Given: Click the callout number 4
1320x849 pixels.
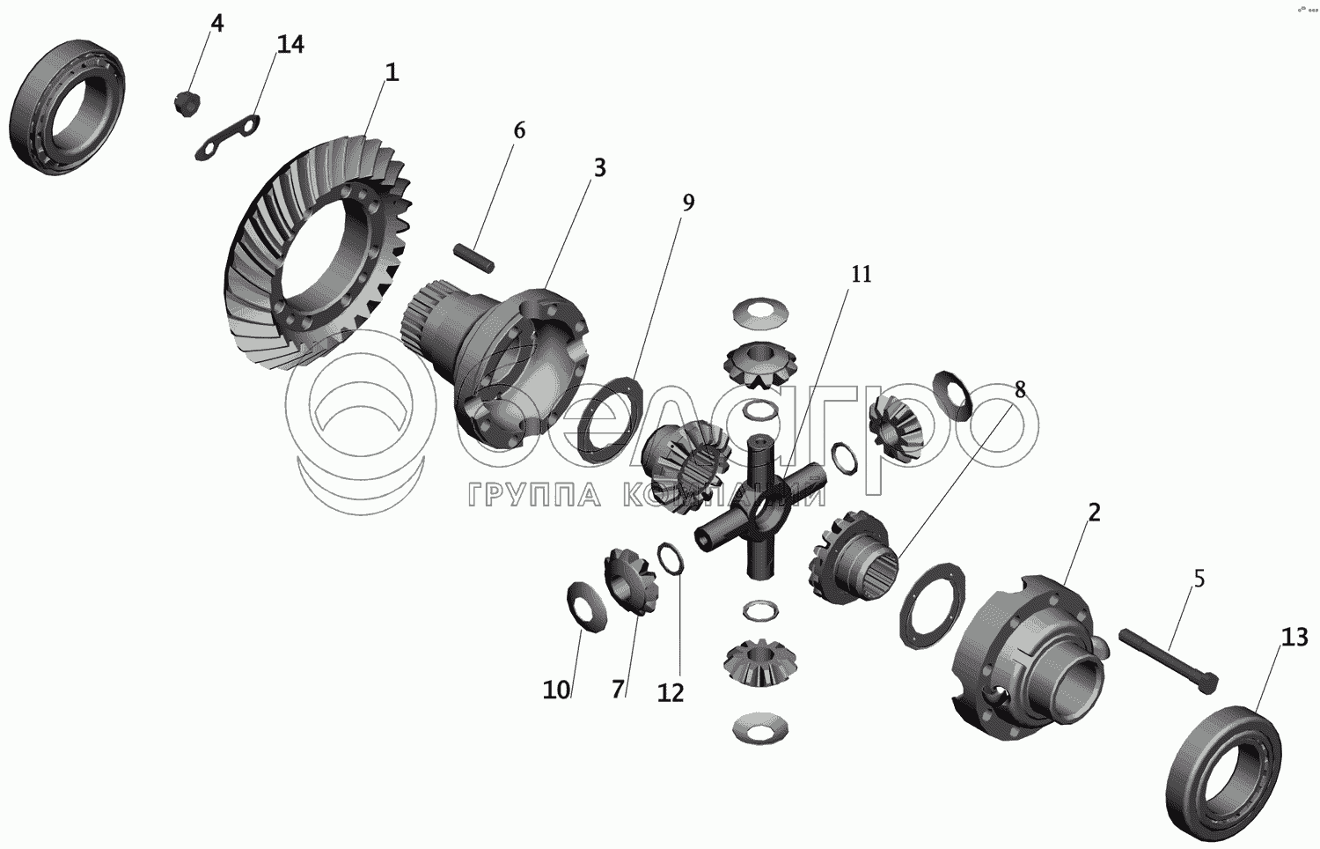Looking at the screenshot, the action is point(216,24).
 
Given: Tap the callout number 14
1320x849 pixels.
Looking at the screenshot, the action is point(290,44).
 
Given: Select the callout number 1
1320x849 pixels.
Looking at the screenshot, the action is point(392,72).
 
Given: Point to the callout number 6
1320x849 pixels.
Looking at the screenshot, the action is point(518,130).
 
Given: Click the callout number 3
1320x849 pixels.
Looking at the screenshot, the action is point(599,168).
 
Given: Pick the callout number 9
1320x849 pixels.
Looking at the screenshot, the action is point(688,203).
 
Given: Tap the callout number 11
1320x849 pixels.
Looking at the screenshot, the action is point(861,274).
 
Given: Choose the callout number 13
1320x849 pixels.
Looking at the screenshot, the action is point(1294,638).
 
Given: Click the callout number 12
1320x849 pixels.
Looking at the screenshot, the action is point(671,693).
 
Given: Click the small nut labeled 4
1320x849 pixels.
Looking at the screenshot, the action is point(188,104).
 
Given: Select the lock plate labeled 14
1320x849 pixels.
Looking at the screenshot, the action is point(227,137).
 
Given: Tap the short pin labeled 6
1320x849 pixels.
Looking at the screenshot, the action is point(474,258).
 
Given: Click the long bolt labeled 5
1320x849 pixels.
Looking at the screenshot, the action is point(1168,660).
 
